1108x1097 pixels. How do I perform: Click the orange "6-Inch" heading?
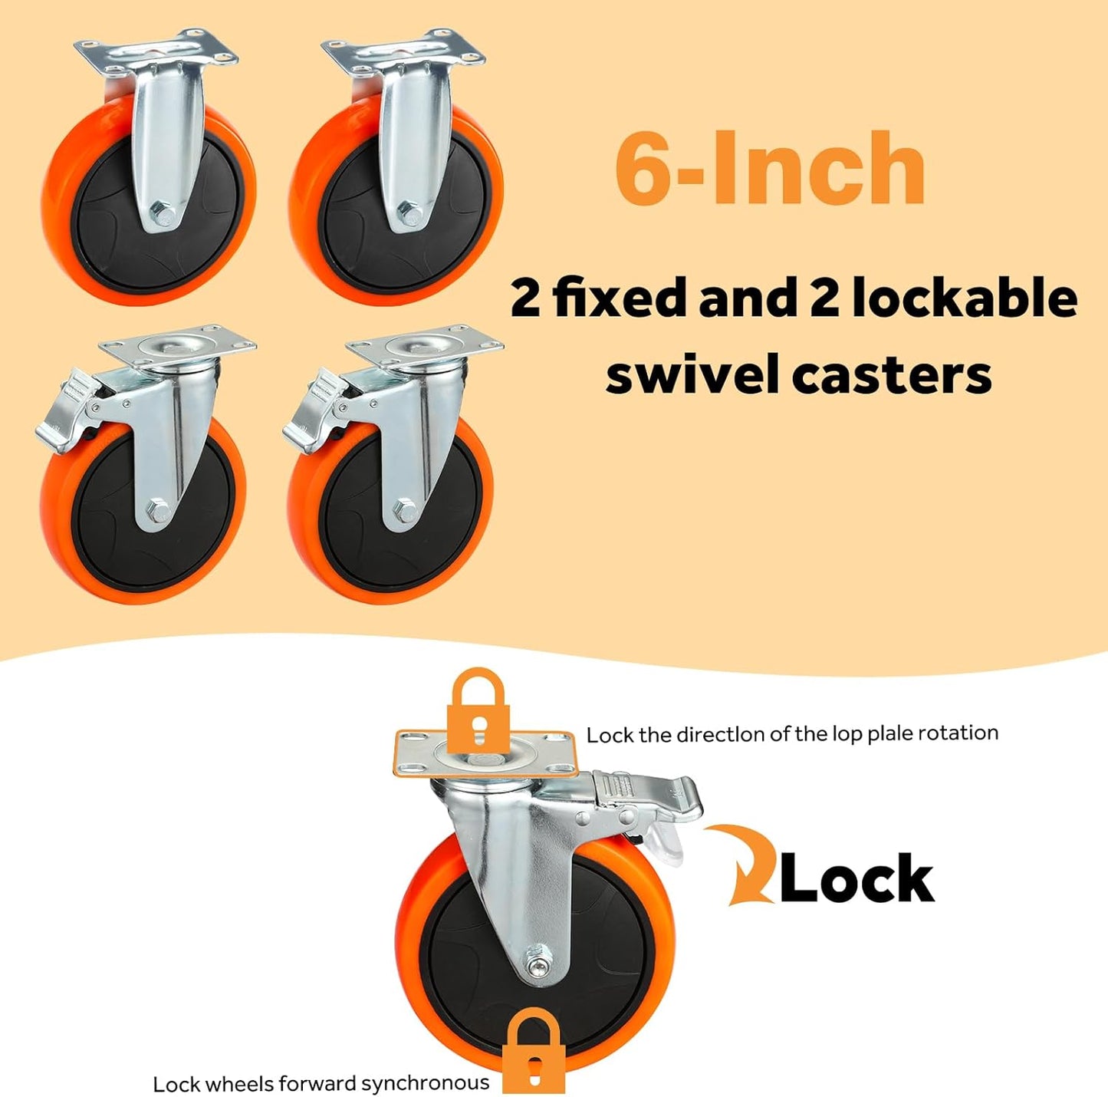coord(769,167)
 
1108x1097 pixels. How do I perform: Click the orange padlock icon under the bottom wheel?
coord(534,1043)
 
